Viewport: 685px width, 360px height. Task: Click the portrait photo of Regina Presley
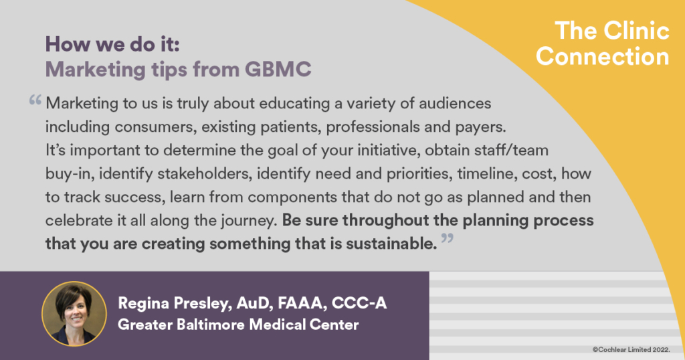click(x=74, y=314)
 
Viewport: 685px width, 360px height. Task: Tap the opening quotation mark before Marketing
click(x=35, y=100)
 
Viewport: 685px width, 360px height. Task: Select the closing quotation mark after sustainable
click(x=448, y=238)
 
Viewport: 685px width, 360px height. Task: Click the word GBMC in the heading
click(x=278, y=69)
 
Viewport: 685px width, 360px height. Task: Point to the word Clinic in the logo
click(x=637, y=31)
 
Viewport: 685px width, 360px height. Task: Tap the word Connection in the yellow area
click(x=603, y=57)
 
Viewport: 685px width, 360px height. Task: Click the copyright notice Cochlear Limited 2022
click(x=631, y=349)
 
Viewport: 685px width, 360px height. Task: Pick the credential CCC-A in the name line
click(x=359, y=303)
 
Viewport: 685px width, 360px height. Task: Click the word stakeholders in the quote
click(x=205, y=174)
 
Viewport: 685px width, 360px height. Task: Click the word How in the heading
click(x=66, y=44)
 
